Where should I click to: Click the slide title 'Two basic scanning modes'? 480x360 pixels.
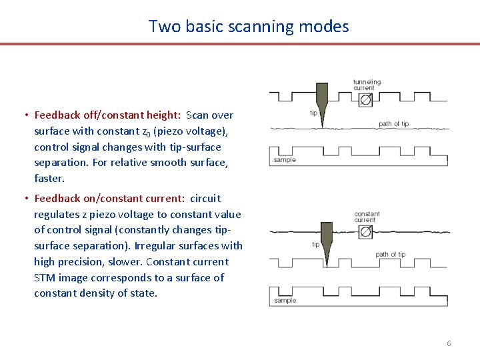[249, 27]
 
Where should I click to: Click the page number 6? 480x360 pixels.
[449, 343]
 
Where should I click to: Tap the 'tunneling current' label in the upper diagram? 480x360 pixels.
[367, 85]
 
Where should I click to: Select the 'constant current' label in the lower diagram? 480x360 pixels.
[366, 217]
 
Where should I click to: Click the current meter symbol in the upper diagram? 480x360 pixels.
[365, 99]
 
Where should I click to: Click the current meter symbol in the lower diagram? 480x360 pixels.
[365, 231]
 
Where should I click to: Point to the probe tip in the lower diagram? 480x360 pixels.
[327, 243]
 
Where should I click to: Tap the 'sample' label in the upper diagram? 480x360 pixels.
[285, 160]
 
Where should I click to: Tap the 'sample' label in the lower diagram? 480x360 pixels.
[285, 301]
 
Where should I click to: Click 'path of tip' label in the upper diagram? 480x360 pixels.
[393, 124]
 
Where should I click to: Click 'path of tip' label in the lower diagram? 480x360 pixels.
[390, 255]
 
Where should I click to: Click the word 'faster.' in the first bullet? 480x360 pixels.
[50, 179]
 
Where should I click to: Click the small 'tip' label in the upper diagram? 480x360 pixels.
[313, 113]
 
